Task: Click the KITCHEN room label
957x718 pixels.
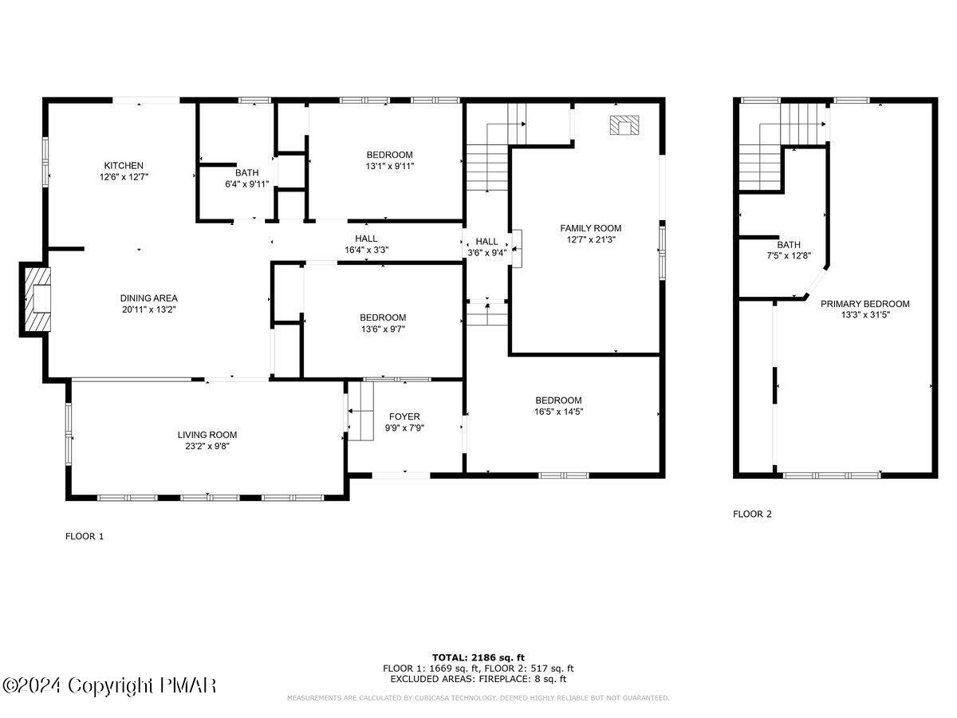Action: click(x=123, y=165)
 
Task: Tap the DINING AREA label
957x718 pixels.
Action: click(x=149, y=298)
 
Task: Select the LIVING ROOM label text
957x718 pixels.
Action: click(x=207, y=435)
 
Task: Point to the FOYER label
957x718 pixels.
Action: click(x=404, y=416)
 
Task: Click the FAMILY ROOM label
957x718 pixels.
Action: click(x=590, y=228)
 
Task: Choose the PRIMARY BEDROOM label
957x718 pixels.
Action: click(x=864, y=304)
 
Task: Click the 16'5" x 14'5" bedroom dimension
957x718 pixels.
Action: click(x=558, y=412)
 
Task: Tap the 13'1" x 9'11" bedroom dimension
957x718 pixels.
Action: click(x=390, y=166)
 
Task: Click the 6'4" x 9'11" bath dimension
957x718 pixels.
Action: click(x=246, y=184)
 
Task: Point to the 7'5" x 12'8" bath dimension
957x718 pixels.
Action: click(x=789, y=256)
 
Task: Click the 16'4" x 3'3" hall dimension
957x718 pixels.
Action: click(x=366, y=250)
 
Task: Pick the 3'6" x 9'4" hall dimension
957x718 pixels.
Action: click(x=486, y=253)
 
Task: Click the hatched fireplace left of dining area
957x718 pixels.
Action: click(x=36, y=299)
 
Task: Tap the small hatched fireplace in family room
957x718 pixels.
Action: click(x=624, y=125)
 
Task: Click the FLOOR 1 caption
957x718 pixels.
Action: click(x=85, y=537)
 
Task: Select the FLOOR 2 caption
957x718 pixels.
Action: click(x=752, y=515)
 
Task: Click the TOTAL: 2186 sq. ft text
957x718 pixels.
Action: click(x=478, y=657)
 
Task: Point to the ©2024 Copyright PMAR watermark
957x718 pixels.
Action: click(x=109, y=685)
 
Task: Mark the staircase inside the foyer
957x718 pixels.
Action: click(x=360, y=412)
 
